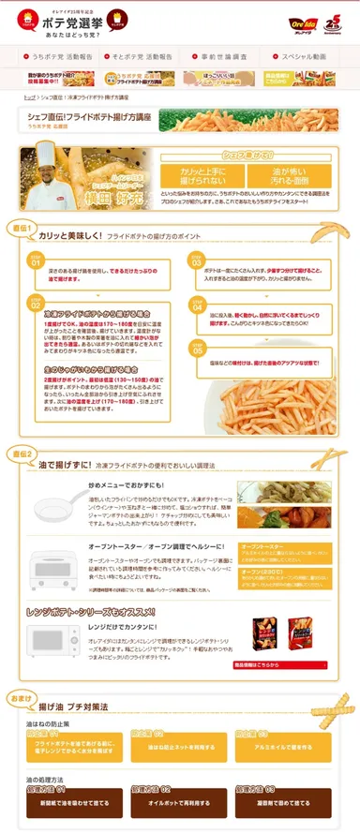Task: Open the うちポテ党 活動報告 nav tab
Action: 55,56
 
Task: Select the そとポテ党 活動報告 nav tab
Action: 137,56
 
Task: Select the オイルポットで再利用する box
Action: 178,802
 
